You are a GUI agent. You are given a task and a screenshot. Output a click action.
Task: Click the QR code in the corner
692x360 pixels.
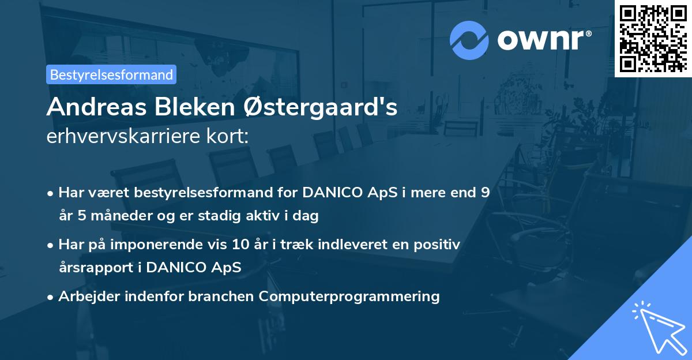pyautogui.click(x=653, y=38)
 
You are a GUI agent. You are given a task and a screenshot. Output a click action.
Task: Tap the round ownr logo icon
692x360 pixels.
pyautogui.click(x=469, y=39)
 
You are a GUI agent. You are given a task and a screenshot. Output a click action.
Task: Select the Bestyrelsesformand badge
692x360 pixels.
pyautogui.click(x=111, y=74)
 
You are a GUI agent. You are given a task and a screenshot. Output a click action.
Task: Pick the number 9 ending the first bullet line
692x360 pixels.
pyautogui.click(x=486, y=193)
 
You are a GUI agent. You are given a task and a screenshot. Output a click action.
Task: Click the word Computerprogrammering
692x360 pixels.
pyautogui.click(x=349, y=297)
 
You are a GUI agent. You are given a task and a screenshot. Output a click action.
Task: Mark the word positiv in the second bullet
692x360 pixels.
pyautogui.click(x=440, y=245)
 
